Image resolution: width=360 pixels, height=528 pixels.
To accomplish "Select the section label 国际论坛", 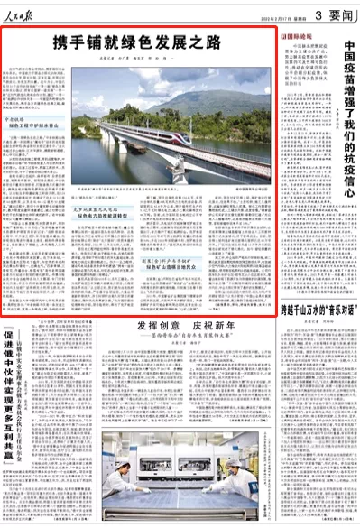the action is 300,38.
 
